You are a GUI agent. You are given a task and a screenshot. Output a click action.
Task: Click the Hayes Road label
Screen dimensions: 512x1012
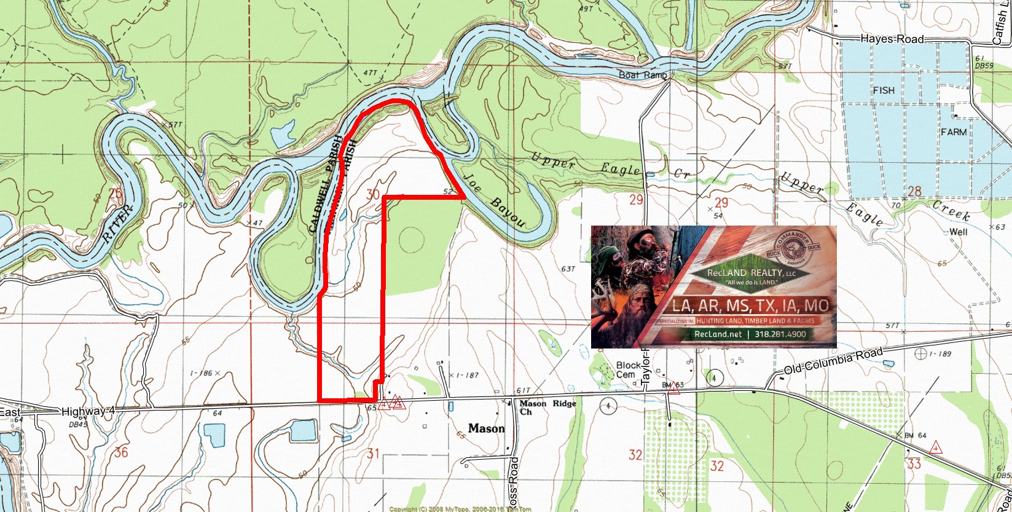[x=892, y=39]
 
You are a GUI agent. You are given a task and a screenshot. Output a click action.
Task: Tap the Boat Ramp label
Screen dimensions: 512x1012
[x=643, y=75]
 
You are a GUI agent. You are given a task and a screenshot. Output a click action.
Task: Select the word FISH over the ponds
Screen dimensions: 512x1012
[x=884, y=90]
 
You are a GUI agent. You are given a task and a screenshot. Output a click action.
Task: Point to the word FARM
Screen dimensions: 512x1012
[x=953, y=132]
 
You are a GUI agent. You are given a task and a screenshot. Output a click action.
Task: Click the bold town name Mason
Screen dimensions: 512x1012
[x=485, y=428]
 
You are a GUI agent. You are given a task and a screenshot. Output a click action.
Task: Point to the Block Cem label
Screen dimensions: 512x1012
[x=628, y=370]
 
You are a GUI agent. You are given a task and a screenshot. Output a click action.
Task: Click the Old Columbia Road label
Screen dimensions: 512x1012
[x=833, y=361]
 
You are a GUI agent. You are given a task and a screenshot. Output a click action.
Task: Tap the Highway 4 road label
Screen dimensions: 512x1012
[x=88, y=410]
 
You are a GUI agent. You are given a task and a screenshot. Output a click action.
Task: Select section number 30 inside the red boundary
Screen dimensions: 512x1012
[x=372, y=195]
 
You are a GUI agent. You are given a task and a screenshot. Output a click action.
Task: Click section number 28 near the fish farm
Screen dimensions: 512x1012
[x=914, y=191]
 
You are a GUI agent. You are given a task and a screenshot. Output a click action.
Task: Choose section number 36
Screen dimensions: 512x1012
[x=120, y=453]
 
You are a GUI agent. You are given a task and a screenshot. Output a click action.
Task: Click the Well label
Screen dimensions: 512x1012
[x=958, y=232]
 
